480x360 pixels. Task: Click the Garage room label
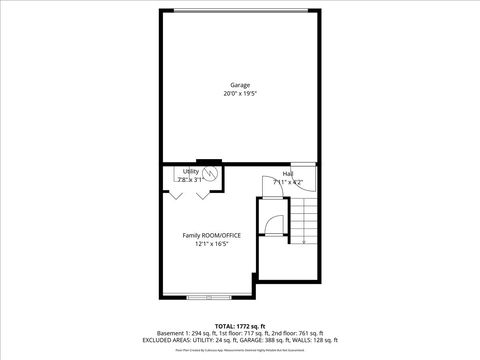[240, 85]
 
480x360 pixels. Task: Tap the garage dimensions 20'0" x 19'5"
[240, 94]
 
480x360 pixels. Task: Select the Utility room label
[191, 171]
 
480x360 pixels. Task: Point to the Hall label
[287, 174]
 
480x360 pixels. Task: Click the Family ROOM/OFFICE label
[211, 235]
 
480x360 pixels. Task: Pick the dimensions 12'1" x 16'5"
[211, 244]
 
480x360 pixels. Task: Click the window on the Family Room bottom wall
[208, 297]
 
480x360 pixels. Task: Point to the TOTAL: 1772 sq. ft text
[240, 326]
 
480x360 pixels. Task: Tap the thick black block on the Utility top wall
[209, 161]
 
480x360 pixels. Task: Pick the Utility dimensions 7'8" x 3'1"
[191, 179]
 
